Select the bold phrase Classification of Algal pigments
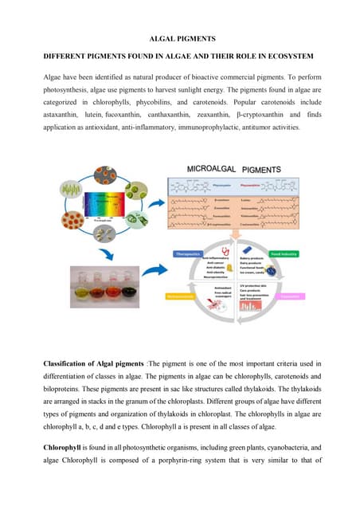(x=94, y=363)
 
